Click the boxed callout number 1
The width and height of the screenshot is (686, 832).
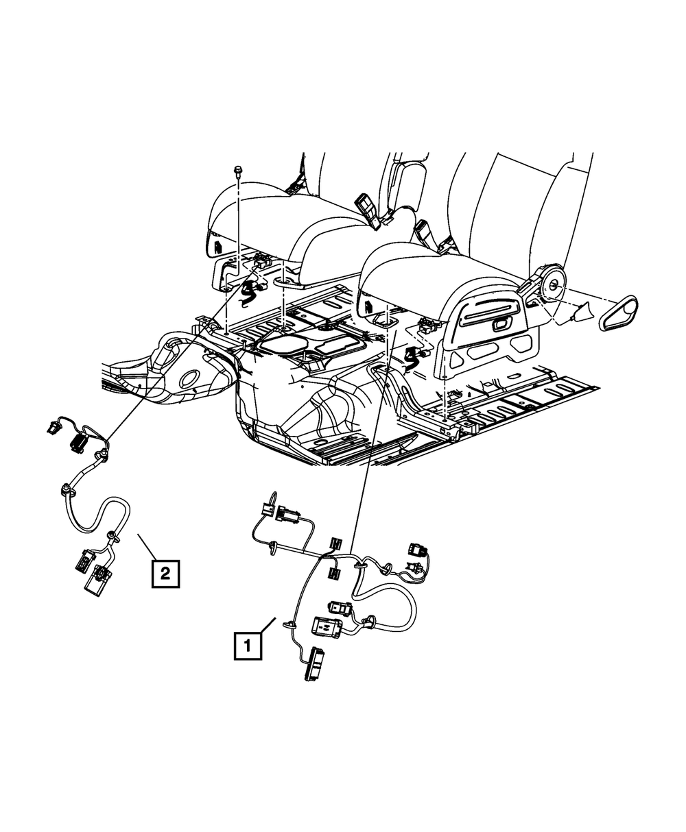[248, 645]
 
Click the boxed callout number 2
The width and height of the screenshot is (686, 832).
[165, 572]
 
